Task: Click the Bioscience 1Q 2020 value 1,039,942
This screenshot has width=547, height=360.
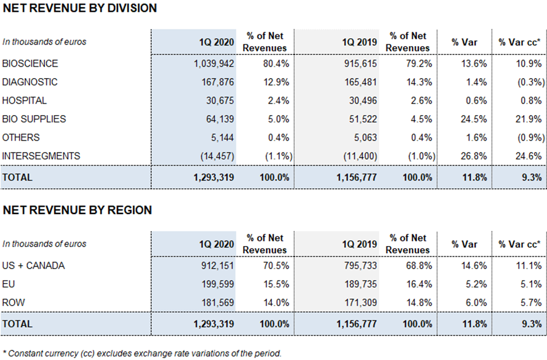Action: pyautogui.click(x=214, y=63)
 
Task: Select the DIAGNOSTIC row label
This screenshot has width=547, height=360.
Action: pyautogui.click(x=30, y=82)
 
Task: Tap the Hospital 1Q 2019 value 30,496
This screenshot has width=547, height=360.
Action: pyautogui.click(x=363, y=101)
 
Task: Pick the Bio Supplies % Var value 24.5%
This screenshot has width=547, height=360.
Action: pyautogui.click(x=473, y=119)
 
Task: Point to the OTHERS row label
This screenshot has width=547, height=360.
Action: pyautogui.click(x=21, y=138)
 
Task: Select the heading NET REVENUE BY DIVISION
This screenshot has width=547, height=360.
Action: pyautogui.click(x=80, y=8)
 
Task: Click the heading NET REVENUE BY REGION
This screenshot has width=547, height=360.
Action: pyautogui.click(x=78, y=210)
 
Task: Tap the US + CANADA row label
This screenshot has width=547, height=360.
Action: pyautogui.click(x=34, y=266)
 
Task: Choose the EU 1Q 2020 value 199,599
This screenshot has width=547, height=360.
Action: pyautogui.click(x=218, y=284)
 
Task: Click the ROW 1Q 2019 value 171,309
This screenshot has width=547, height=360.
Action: pyautogui.click(x=361, y=303)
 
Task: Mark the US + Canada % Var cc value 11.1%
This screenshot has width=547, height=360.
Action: pyautogui.click(x=529, y=266)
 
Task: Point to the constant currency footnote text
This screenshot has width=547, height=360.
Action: pyautogui.click(x=142, y=353)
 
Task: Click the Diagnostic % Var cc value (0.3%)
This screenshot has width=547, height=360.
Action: pyautogui.click(x=531, y=82)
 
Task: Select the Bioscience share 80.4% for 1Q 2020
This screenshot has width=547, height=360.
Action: pyautogui.click(x=276, y=63)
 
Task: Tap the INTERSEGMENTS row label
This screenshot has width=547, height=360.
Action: pyautogui.click(x=41, y=156)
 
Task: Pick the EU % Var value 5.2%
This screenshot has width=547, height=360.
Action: pyautogui.click(x=476, y=284)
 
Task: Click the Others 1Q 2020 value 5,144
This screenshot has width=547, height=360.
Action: pyautogui.click(x=222, y=138)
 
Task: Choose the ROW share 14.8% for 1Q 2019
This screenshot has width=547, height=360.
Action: pyautogui.click(x=419, y=303)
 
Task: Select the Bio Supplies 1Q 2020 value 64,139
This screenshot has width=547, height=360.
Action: pyautogui.click(x=220, y=119)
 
